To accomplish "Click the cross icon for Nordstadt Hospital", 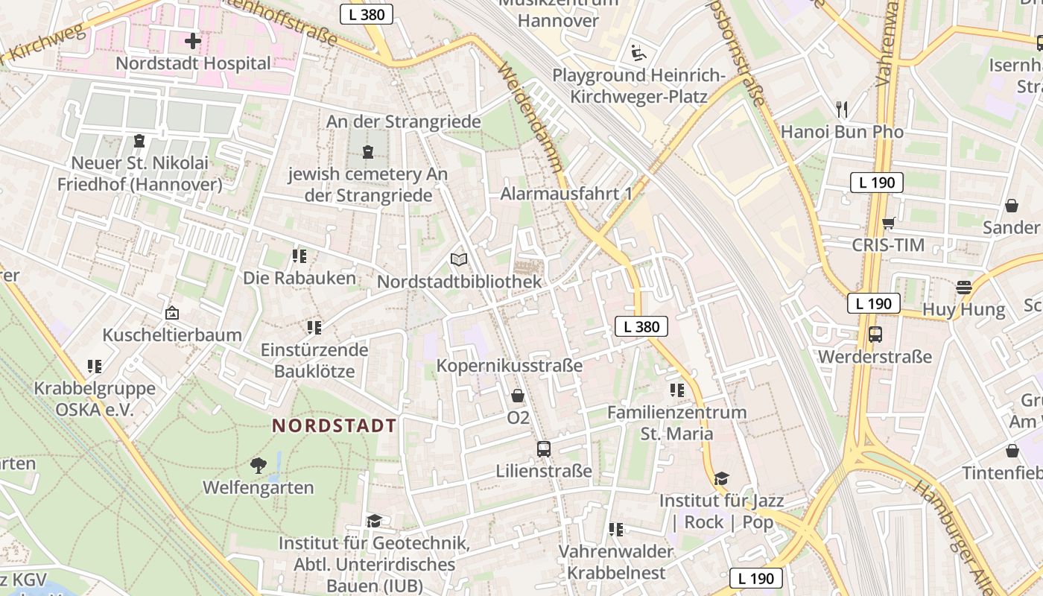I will point(192,41).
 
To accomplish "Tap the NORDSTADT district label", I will point(334,426).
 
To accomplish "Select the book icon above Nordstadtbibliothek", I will point(460,259).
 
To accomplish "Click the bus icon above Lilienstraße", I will point(544,449).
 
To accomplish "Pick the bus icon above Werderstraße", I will point(875,335).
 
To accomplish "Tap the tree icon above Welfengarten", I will point(259,466).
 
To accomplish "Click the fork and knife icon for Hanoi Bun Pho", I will point(842,110).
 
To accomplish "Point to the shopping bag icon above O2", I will point(518,396).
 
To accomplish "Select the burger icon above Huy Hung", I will point(964,287).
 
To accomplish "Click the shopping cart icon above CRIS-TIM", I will point(888,223).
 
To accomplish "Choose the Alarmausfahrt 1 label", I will point(566,194).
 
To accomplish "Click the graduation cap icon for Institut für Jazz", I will point(720,478).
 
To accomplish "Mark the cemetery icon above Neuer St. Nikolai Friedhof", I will point(139,141).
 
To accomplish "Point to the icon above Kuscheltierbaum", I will point(172,313).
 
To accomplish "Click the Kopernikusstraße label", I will point(509,366).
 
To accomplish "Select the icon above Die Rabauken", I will point(299,256).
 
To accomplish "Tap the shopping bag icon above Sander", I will point(1012,205).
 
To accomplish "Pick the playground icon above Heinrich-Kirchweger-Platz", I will point(638,53).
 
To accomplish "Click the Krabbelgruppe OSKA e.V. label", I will point(95,399).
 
